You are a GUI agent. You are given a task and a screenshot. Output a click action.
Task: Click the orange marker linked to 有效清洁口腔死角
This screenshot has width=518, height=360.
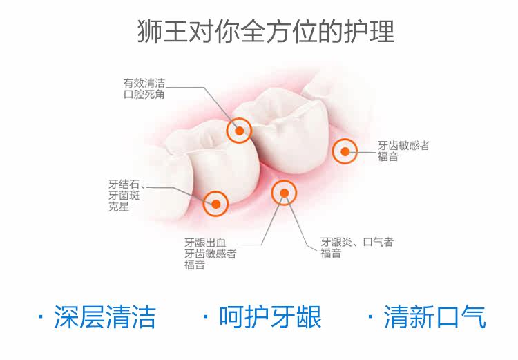coord(240,130)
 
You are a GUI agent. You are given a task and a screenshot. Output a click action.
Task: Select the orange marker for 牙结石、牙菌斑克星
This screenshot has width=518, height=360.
coord(215,203)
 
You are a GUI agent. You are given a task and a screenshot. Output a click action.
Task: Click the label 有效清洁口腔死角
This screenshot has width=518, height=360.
coord(144,88)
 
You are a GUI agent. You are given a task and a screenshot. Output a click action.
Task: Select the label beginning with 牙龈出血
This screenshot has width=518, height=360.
coord(210,254)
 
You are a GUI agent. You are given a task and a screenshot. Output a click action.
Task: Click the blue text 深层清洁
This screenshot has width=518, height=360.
coord(105,317)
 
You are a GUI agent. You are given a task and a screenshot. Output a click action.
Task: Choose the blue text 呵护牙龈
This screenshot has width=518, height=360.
coord(270,317)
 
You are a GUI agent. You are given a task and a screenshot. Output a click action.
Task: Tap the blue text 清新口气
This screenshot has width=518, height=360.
coord(435,317)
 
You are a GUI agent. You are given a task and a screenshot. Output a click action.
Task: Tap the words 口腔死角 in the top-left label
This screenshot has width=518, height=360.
coord(144,95)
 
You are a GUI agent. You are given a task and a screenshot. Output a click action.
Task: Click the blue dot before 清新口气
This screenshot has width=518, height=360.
coord(371,319)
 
